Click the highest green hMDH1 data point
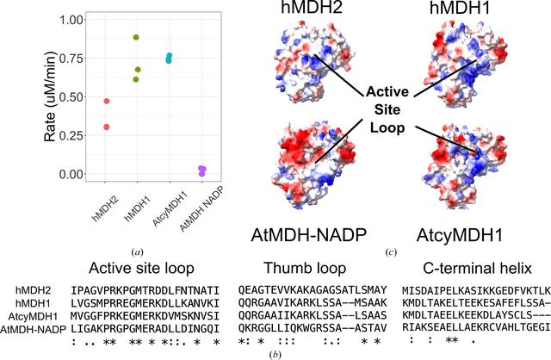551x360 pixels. (136, 37)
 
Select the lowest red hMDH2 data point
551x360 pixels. (107, 127)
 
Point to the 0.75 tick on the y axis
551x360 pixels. (84, 59)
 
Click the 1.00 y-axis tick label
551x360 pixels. (71, 20)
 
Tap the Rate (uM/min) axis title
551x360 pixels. (51, 96)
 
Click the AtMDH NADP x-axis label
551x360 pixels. (201, 210)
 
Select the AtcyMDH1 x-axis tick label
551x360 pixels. (170, 208)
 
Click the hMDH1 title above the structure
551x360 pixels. (460, 8)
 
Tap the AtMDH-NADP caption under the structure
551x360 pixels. (309, 235)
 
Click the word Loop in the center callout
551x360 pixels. (387, 127)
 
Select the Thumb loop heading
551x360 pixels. (305, 268)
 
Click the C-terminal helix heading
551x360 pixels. (477, 268)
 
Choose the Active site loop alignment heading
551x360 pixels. (141, 268)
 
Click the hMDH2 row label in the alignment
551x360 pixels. (34, 290)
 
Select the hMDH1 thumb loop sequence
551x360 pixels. (313, 303)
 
